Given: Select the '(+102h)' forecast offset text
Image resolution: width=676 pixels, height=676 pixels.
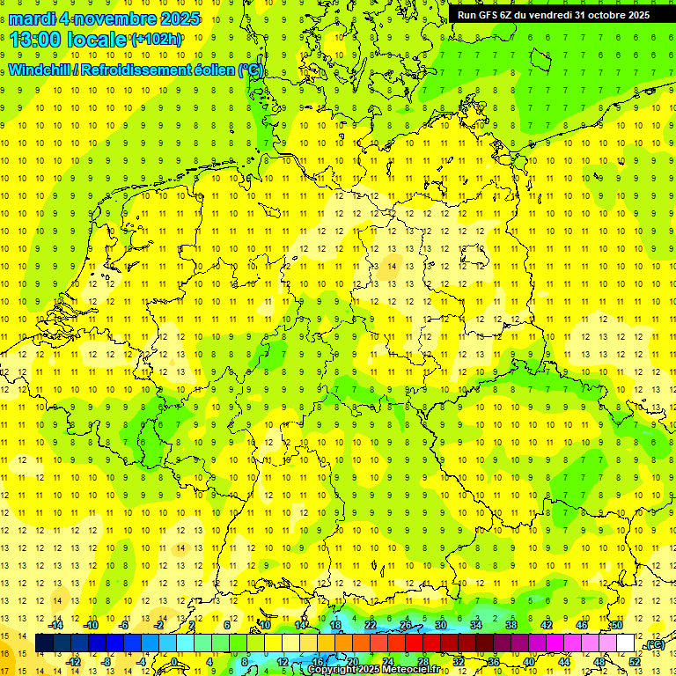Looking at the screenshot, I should click(156, 40).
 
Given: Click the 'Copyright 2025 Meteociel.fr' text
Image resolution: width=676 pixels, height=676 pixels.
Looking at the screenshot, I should click(372, 670).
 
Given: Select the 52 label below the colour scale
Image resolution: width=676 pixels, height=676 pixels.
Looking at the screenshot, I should click(635, 662).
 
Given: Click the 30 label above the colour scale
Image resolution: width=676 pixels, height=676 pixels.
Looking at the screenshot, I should click(441, 625).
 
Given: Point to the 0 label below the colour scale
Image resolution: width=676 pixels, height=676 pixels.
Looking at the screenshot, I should click(175, 662).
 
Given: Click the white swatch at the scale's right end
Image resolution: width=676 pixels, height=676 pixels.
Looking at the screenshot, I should click(626, 643).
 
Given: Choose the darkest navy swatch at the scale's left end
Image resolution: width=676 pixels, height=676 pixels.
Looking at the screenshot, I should click(44, 643).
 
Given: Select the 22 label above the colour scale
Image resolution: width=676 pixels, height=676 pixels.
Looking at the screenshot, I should click(371, 625).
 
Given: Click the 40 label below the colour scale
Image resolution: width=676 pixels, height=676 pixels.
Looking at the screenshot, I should click(529, 662).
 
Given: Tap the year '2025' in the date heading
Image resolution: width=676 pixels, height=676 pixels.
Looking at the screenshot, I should click(176, 18).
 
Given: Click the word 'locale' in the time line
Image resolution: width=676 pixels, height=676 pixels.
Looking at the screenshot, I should click(99, 40).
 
